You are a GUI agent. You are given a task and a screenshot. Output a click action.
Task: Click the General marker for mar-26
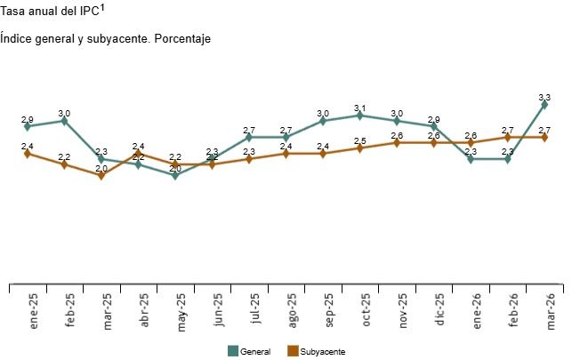coord(544,104)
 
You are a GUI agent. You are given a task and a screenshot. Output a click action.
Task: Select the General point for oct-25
coord(359,116)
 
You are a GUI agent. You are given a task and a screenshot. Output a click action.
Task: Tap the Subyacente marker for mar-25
coord(101,175)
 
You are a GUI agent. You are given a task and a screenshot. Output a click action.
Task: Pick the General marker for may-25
coord(175,175)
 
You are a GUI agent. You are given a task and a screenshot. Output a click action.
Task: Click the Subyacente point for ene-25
coord(28,153)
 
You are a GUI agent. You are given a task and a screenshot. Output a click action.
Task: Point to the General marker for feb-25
coord(64,121)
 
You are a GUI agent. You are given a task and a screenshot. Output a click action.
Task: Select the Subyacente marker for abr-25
coord(138,154)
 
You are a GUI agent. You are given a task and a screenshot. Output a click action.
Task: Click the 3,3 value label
coord(544,97)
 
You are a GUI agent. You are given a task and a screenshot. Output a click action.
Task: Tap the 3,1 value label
coord(359,108)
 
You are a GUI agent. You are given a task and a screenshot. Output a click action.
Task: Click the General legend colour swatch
coord(233,351)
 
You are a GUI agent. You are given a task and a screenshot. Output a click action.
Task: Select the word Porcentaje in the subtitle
coord(182,39)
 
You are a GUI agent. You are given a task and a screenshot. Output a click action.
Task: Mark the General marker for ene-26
coord(471,159)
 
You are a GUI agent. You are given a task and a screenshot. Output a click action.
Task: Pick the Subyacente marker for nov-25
coord(397,142)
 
